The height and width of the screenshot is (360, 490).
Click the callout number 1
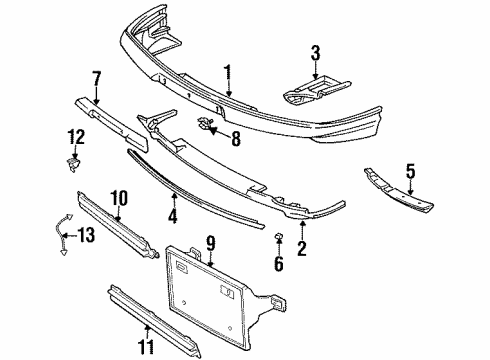click(x=228, y=73)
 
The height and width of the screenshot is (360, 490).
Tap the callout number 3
click(x=315, y=53)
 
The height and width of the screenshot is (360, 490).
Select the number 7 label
click(x=96, y=80)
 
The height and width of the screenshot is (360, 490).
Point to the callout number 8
click(x=236, y=138)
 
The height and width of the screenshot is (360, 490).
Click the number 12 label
click(x=76, y=137)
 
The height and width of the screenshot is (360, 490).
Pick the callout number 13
click(x=87, y=235)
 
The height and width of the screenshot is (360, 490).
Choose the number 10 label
click(x=119, y=199)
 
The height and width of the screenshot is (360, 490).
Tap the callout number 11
click(x=147, y=348)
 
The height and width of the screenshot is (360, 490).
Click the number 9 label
click(x=211, y=244)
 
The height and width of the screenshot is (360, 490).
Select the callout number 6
click(x=279, y=263)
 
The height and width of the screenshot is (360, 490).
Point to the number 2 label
click(x=302, y=248)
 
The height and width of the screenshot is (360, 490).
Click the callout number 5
click(x=410, y=171)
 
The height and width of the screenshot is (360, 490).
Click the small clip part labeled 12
click(x=74, y=165)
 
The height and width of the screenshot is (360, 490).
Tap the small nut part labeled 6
click(x=278, y=236)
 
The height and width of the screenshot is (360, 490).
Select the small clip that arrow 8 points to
click(x=204, y=123)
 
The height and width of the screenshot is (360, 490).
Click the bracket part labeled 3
click(x=316, y=89)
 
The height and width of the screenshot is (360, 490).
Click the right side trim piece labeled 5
click(x=398, y=191)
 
